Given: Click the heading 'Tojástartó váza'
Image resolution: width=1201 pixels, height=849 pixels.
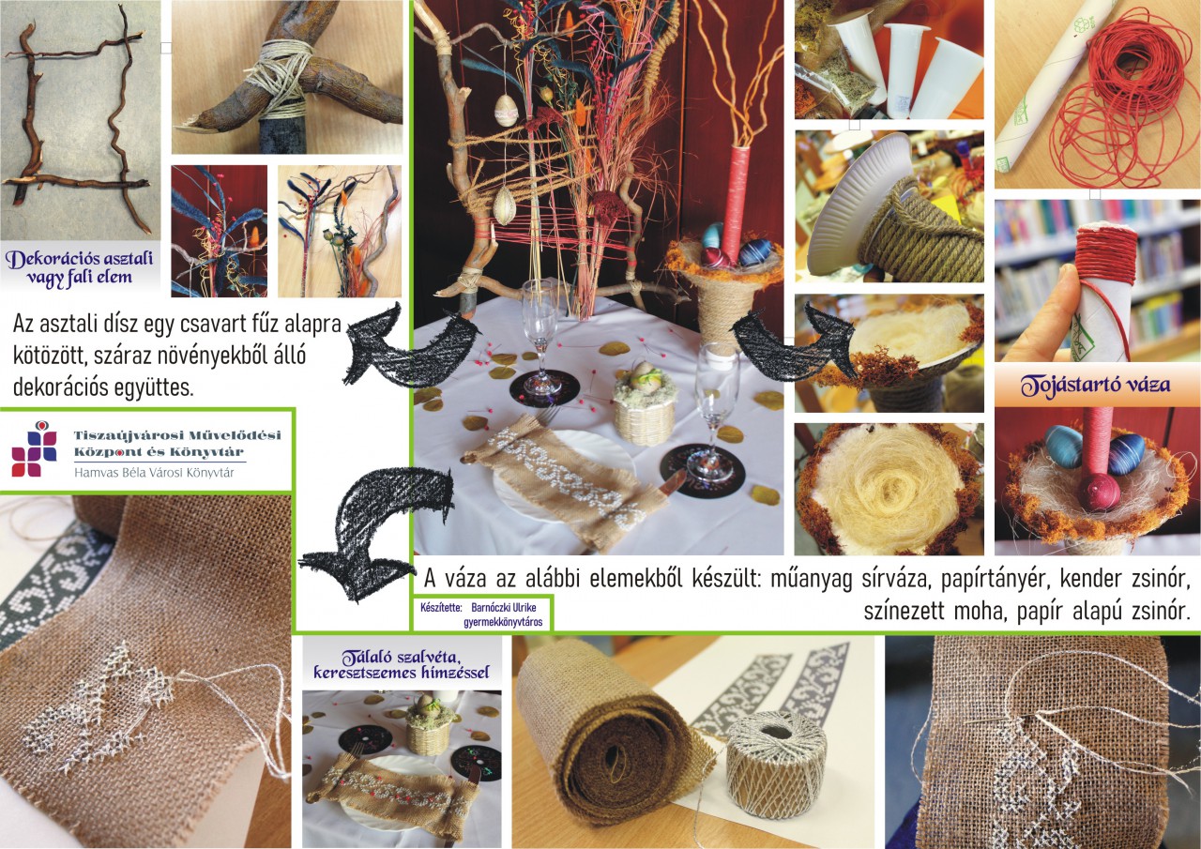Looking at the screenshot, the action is click(x=1095, y=386).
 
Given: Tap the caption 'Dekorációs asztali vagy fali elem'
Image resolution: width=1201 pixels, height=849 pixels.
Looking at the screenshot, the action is click(x=80, y=267).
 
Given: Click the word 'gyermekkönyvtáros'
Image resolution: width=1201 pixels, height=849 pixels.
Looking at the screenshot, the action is click(x=503, y=622).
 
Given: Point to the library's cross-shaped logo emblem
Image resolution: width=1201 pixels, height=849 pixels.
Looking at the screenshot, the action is click(x=35, y=450).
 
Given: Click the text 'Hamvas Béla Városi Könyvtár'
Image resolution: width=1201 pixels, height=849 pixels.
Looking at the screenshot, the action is click(x=154, y=473).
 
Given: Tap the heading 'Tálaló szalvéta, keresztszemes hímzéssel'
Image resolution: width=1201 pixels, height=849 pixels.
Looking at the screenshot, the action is click(x=402, y=664).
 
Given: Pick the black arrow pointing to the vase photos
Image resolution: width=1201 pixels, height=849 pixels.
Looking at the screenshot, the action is click(x=794, y=343).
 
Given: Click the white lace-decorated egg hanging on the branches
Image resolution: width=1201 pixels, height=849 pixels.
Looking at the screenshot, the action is click(x=505, y=111).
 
